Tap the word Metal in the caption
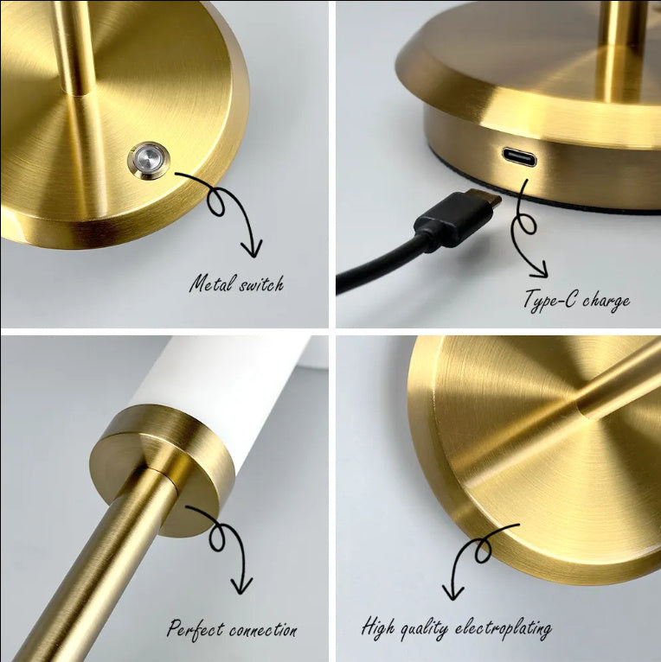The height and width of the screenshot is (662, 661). [x=211, y=283]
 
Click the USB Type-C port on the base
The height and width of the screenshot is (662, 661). [x=518, y=157]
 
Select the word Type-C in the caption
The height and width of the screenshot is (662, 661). [x=549, y=300]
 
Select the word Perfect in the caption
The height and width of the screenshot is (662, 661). [x=196, y=628]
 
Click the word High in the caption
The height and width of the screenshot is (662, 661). [x=377, y=627]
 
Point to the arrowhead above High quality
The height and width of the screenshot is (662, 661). [x=452, y=594]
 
